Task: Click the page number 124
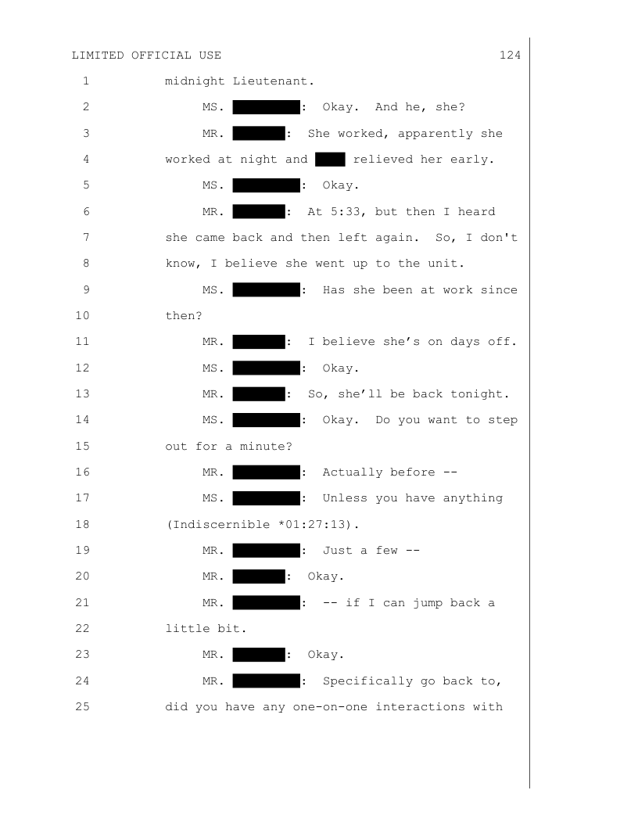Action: point(510,56)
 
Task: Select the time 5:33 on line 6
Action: point(345,212)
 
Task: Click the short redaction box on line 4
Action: point(330,159)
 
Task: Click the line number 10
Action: point(83,315)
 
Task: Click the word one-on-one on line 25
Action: point(330,707)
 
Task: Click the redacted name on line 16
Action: point(267,472)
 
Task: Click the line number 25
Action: point(83,707)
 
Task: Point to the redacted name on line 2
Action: point(267,107)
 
